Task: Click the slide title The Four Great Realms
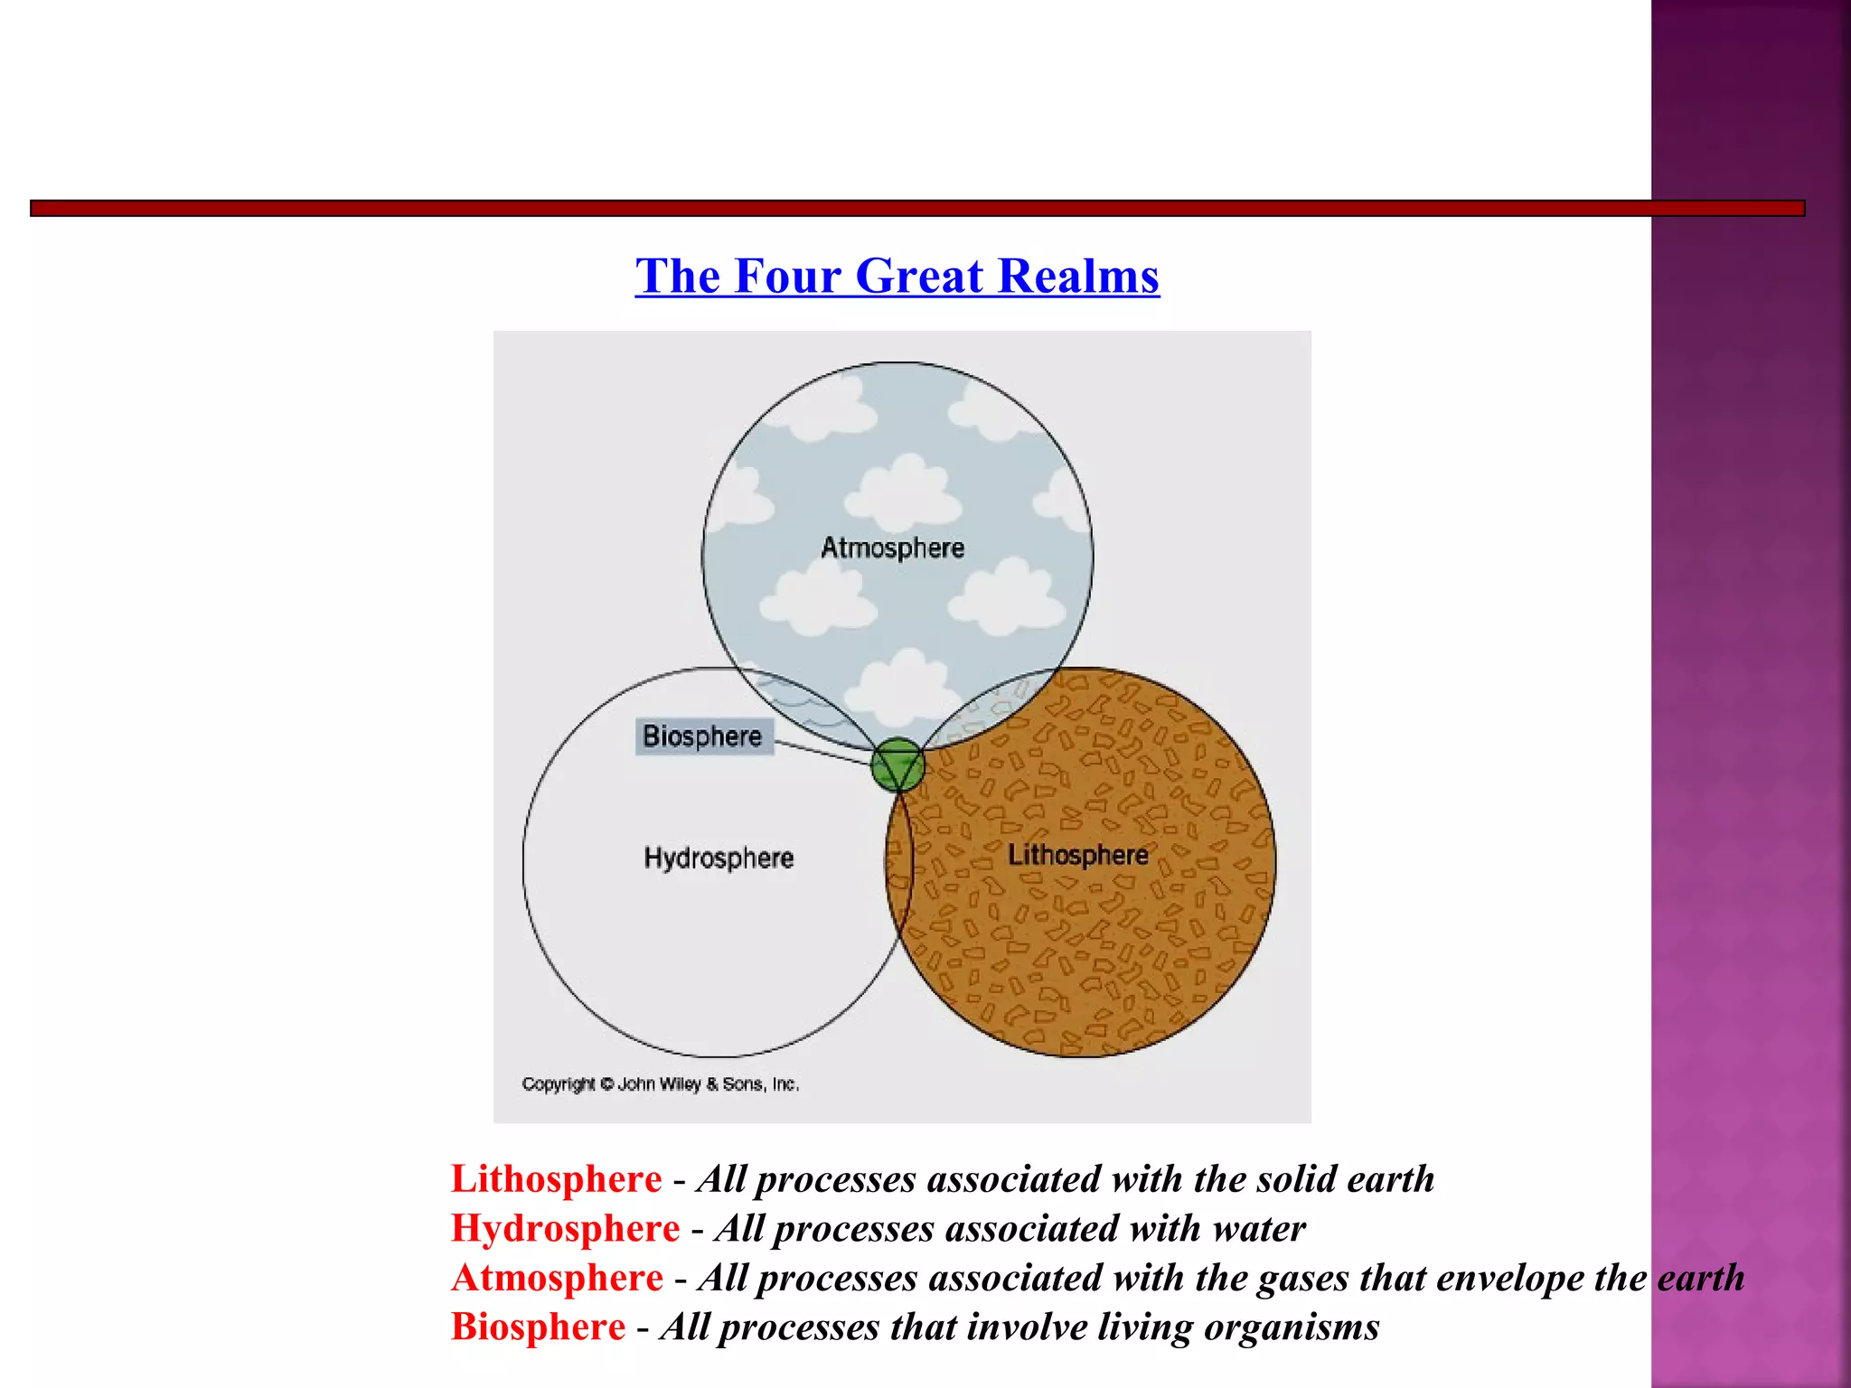[x=897, y=276]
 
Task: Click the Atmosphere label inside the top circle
[x=892, y=548]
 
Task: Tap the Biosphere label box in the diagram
[x=703, y=736]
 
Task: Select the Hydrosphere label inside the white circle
[x=719, y=858]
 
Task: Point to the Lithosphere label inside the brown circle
[x=1077, y=855]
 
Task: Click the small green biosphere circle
[x=897, y=764]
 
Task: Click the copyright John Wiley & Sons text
[x=660, y=1083]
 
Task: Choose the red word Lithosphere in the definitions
[x=556, y=1179]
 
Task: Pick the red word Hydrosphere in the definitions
[x=565, y=1229]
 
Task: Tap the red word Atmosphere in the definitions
[x=557, y=1278]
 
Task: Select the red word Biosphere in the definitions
[x=538, y=1327]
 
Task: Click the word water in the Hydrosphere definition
[x=1259, y=1229]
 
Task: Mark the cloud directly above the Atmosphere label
[x=904, y=492]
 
